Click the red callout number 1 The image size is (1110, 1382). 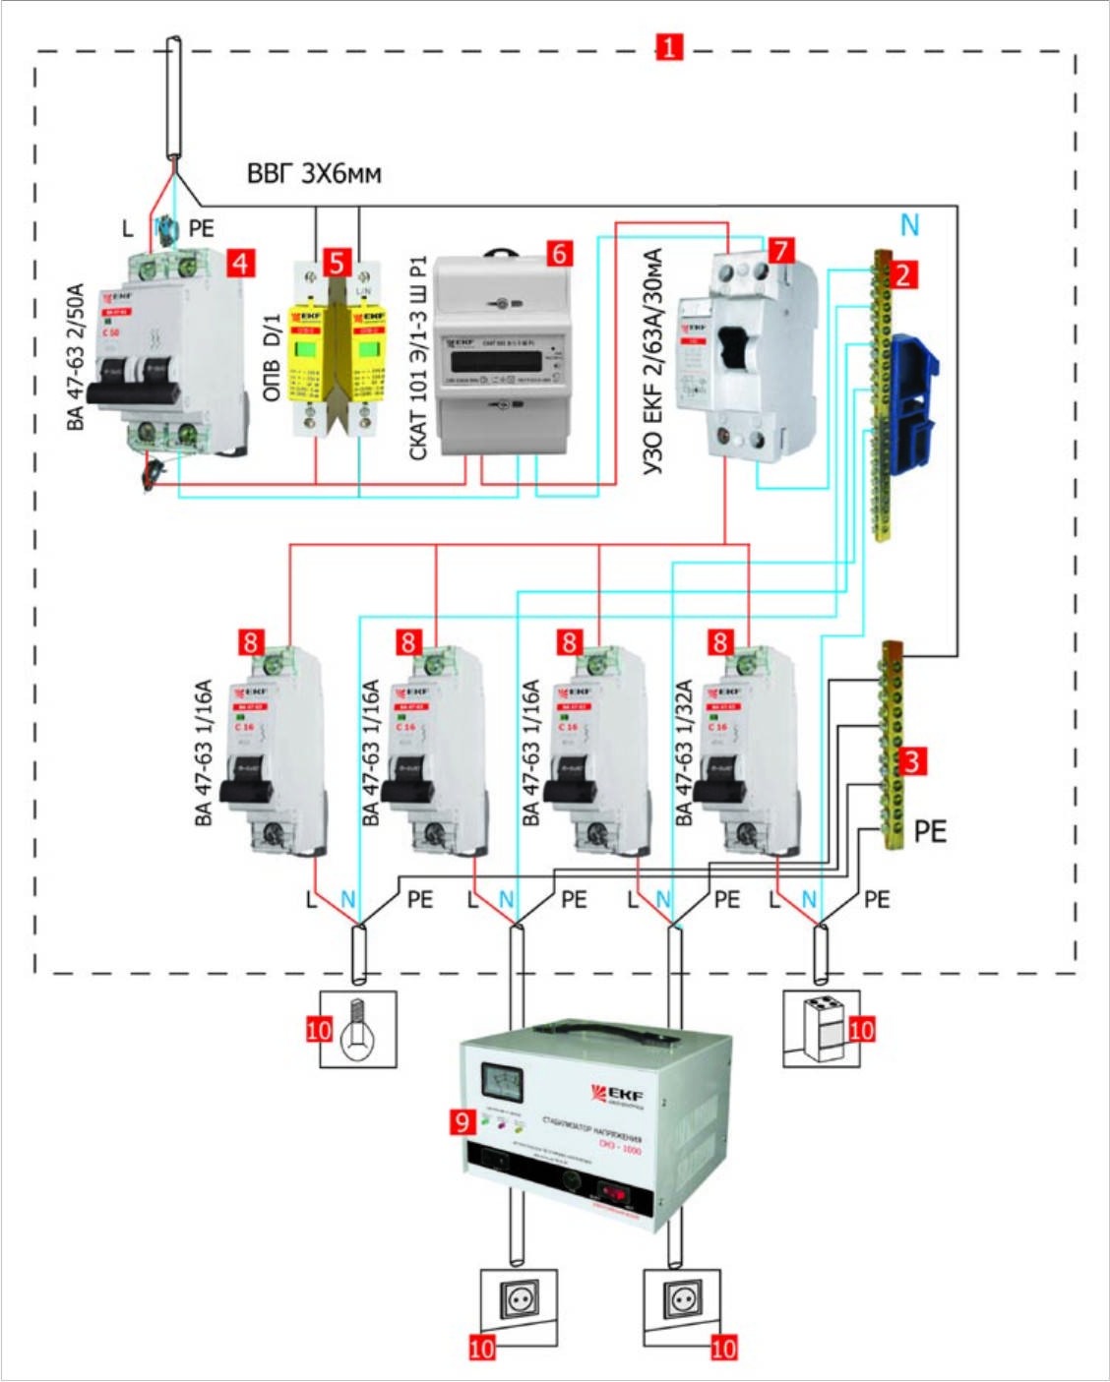[669, 46]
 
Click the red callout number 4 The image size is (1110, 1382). [239, 263]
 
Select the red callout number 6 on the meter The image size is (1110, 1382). [559, 254]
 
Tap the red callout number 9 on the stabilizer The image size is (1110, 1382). [462, 1120]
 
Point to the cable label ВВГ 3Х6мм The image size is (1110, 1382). [314, 174]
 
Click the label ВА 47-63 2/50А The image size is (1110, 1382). [77, 357]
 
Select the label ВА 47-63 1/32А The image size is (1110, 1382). [684, 752]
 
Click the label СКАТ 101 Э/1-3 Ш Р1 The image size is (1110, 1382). [418, 359]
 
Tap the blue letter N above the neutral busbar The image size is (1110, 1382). [910, 226]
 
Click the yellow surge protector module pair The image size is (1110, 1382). [338, 354]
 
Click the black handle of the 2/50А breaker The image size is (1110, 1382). [133, 392]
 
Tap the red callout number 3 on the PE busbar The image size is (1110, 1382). [912, 760]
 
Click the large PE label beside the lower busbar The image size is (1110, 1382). [930, 831]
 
